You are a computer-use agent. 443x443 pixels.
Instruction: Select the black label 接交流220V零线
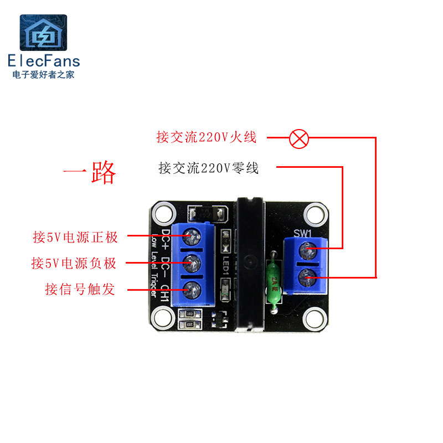click(208, 167)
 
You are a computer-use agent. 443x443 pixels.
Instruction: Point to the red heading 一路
click(89, 173)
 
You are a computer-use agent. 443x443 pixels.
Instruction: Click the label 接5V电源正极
click(75, 238)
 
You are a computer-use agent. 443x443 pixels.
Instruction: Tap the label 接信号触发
click(81, 289)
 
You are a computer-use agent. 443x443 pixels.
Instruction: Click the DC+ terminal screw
click(192, 236)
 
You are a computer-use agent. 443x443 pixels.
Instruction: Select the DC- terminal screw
click(192, 262)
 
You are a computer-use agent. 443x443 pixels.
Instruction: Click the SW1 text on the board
click(303, 234)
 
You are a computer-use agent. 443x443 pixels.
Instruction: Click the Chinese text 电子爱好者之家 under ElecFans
click(43, 75)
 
